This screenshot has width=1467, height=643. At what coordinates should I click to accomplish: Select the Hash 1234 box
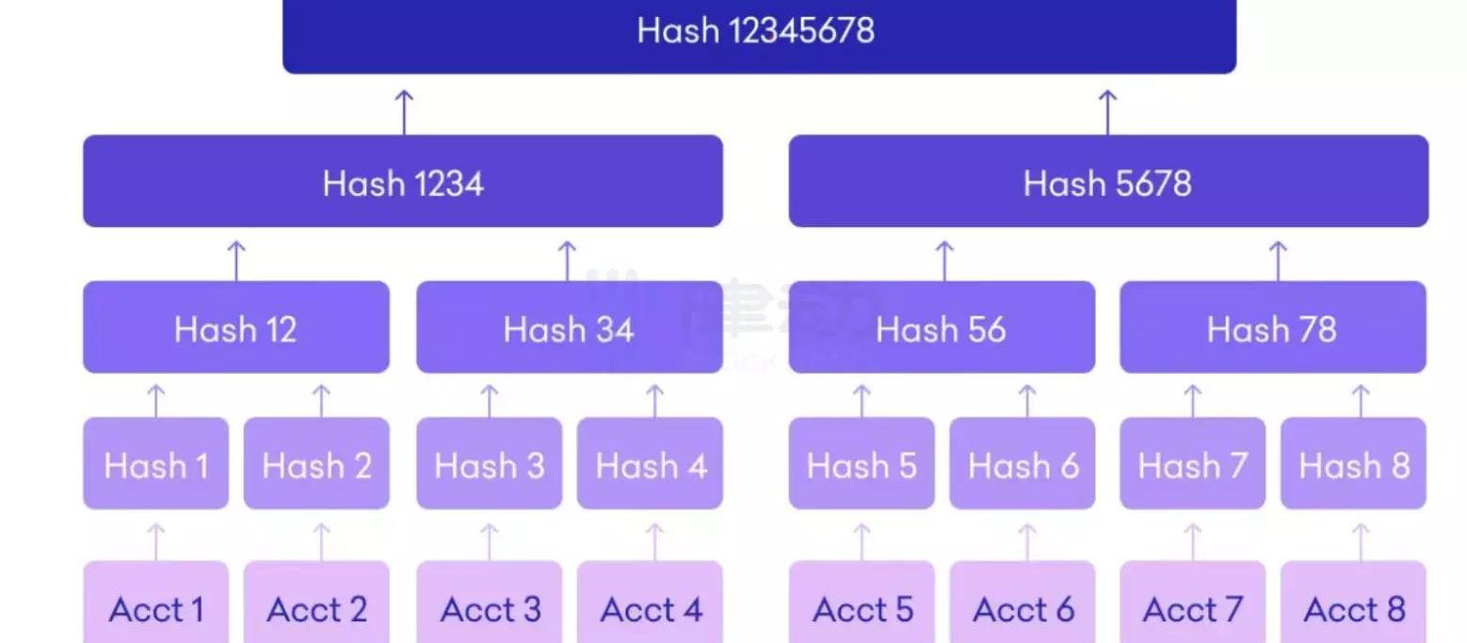click(x=403, y=182)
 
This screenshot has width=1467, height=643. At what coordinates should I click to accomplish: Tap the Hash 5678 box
click(x=1107, y=182)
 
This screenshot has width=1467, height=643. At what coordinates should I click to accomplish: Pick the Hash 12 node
click(x=235, y=328)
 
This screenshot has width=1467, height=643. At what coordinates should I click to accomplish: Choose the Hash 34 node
click(x=569, y=328)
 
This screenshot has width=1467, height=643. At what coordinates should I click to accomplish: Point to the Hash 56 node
click(x=941, y=328)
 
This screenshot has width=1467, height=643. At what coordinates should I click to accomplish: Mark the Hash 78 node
click(x=1272, y=328)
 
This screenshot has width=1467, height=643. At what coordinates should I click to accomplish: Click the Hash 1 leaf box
click(x=155, y=464)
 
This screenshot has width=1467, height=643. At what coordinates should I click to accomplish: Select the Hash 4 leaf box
click(x=650, y=464)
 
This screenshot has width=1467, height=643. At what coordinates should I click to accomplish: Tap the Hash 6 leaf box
click(x=1022, y=464)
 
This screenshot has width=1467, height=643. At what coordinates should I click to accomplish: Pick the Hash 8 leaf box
click(x=1353, y=464)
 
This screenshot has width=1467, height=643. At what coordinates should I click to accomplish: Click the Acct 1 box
click(x=155, y=608)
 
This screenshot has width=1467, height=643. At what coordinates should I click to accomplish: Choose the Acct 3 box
click(x=490, y=608)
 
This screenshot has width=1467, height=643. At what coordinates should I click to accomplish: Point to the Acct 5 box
click(x=862, y=608)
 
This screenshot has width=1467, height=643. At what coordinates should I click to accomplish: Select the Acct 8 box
click(x=1353, y=608)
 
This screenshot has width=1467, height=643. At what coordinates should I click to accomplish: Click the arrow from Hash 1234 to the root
click(x=404, y=111)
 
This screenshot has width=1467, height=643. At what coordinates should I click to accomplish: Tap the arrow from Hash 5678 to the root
click(x=1108, y=111)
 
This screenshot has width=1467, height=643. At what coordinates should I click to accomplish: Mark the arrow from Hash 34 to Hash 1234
click(x=567, y=260)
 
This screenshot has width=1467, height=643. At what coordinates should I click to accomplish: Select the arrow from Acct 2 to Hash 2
click(x=321, y=542)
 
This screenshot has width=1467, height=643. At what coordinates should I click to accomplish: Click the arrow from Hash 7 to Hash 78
click(x=1193, y=401)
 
